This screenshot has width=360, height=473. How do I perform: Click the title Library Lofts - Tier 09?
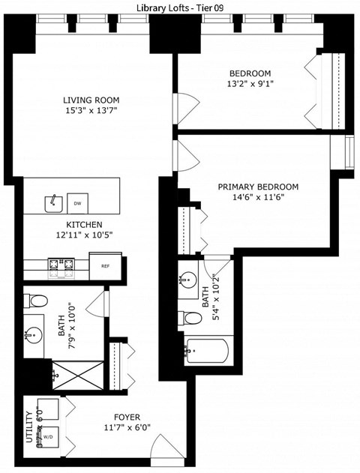180,7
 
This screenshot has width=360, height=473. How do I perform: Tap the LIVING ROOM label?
91,100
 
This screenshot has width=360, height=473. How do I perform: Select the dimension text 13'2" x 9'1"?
250,84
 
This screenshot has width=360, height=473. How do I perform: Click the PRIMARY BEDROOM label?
258,187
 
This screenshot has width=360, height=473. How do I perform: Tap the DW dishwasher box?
77,203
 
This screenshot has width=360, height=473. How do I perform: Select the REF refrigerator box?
105,264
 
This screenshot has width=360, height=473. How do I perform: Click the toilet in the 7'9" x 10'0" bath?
35,301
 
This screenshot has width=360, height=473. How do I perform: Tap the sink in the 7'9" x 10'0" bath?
34,335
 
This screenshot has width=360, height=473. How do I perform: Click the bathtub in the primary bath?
206,351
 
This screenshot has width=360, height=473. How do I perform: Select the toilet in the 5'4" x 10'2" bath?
192,318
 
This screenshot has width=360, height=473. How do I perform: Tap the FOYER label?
127,417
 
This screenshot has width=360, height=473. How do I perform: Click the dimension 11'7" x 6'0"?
127,429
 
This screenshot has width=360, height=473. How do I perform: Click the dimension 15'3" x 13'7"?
91,111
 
